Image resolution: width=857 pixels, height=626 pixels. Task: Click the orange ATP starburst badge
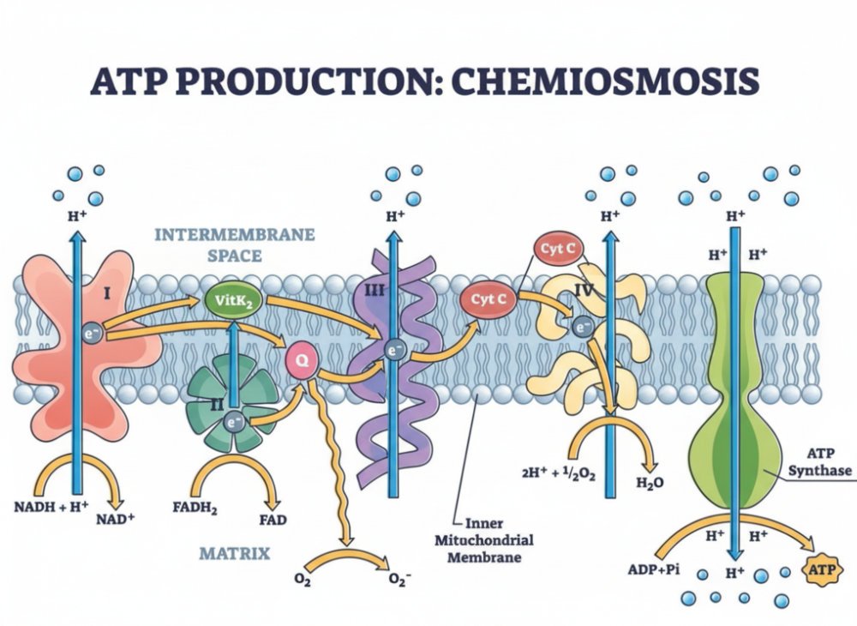(x=818, y=568)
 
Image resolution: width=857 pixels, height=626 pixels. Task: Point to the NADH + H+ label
(x=53, y=506)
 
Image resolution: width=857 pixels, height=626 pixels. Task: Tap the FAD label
(x=273, y=520)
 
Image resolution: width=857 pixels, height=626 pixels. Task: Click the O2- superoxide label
(x=400, y=580)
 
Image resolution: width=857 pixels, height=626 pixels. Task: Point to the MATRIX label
(x=235, y=553)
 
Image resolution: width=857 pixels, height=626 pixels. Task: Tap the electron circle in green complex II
(x=233, y=421)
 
